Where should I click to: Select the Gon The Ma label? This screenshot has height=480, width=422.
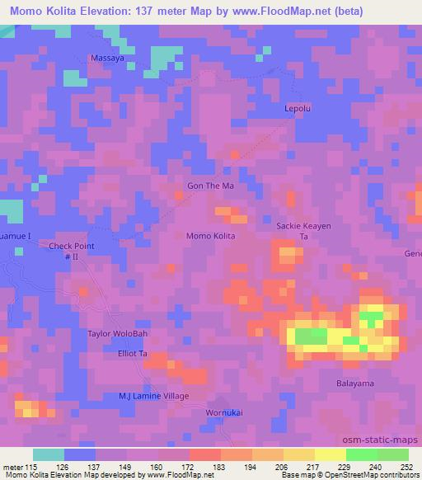pos(211,186)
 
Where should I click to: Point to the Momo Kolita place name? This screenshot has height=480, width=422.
pos(212,237)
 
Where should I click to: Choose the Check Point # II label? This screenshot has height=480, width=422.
pos(72,252)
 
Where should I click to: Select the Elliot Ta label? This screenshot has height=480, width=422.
pos(132,353)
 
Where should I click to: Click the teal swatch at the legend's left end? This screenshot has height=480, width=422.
pos(49,454)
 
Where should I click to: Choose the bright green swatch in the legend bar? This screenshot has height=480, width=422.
pos(362,454)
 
